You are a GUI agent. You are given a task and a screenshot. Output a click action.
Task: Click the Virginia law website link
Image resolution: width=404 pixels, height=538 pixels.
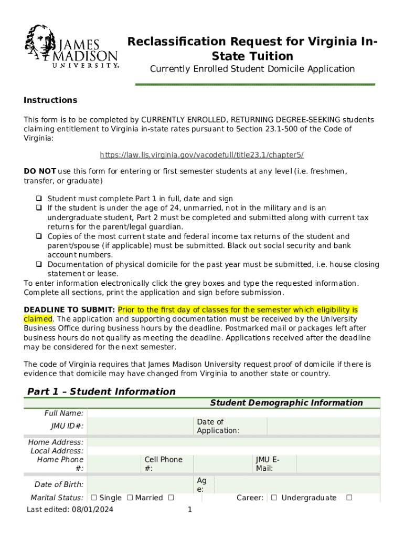(202, 155)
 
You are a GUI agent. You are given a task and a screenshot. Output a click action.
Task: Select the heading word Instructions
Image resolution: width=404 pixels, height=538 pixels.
(50, 100)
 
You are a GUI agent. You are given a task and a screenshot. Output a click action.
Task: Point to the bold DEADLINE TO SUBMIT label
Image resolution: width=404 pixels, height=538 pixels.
(69, 310)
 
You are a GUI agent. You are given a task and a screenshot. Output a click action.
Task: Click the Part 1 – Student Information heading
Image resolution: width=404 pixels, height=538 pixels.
(101, 391)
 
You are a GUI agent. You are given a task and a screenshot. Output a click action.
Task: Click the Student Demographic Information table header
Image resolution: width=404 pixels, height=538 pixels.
(286, 403)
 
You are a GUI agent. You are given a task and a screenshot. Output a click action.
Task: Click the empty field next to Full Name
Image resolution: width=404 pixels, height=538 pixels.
(233, 413)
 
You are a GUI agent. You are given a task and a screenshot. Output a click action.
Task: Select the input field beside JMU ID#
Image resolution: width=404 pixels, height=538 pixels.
(140, 426)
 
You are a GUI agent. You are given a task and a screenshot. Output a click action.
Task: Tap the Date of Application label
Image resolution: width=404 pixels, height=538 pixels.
(218, 426)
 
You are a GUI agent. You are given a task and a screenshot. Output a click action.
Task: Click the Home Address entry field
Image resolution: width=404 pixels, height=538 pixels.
(233, 442)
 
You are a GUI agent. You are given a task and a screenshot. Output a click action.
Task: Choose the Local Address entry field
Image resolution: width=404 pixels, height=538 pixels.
(233, 451)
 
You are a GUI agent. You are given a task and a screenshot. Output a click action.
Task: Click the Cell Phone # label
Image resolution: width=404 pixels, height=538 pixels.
(163, 464)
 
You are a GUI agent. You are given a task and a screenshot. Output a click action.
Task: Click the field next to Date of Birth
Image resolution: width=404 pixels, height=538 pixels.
(140, 484)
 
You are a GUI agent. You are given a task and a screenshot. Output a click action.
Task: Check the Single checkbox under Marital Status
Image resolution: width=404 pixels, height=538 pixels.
(93, 498)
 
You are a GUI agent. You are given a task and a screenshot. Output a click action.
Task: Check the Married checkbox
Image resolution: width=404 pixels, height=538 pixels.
(130, 498)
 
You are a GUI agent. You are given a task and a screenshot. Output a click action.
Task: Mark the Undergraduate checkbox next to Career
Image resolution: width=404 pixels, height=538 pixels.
(274, 498)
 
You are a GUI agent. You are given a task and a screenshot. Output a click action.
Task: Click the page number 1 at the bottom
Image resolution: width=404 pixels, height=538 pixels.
(190, 510)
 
